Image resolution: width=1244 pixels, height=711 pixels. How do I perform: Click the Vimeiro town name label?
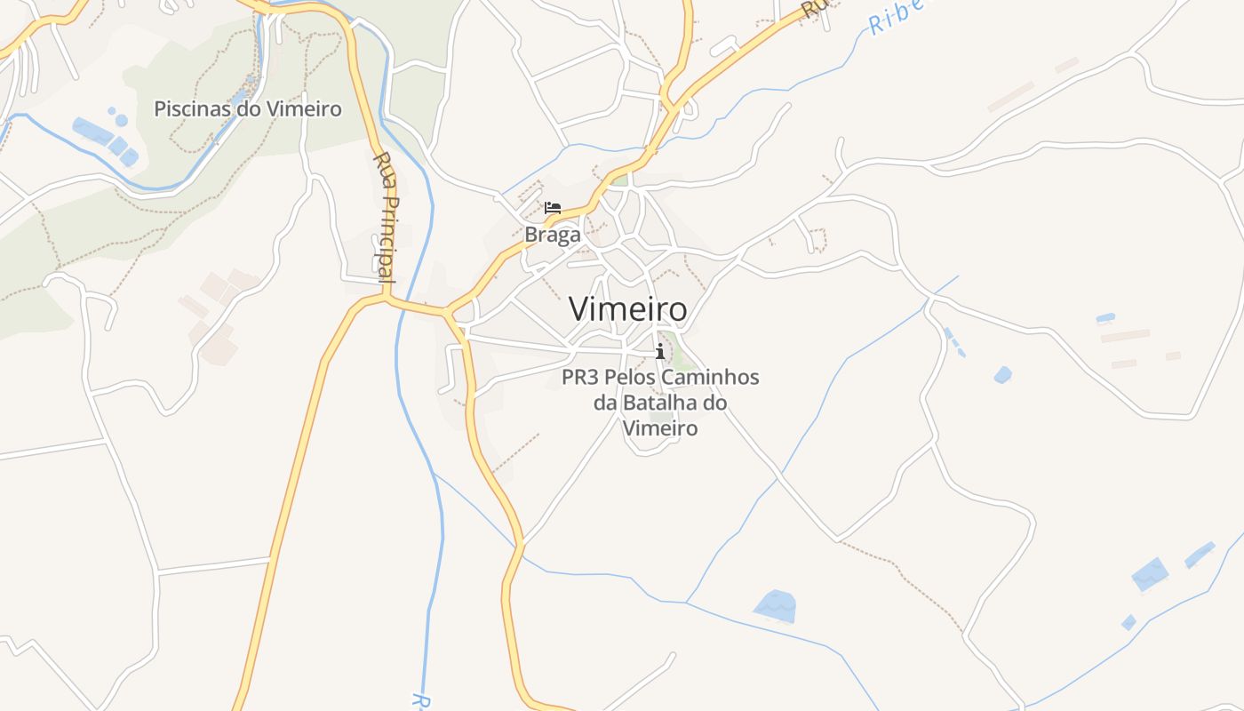tap(627, 309)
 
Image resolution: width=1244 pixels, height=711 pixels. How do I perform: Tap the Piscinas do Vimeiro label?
tap(248, 109)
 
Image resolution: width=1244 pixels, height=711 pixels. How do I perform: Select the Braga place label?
tap(553, 235)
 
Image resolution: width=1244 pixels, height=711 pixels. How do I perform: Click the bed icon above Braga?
tap(553, 208)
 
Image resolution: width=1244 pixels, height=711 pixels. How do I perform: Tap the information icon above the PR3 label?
tap(659, 351)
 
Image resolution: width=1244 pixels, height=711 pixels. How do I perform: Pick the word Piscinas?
tap(188, 109)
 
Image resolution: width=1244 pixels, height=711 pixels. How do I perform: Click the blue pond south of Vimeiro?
tap(775, 605)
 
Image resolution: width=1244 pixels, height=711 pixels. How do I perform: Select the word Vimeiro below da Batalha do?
tap(660, 428)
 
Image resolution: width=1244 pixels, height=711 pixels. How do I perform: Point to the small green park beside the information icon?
tap(681, 355)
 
